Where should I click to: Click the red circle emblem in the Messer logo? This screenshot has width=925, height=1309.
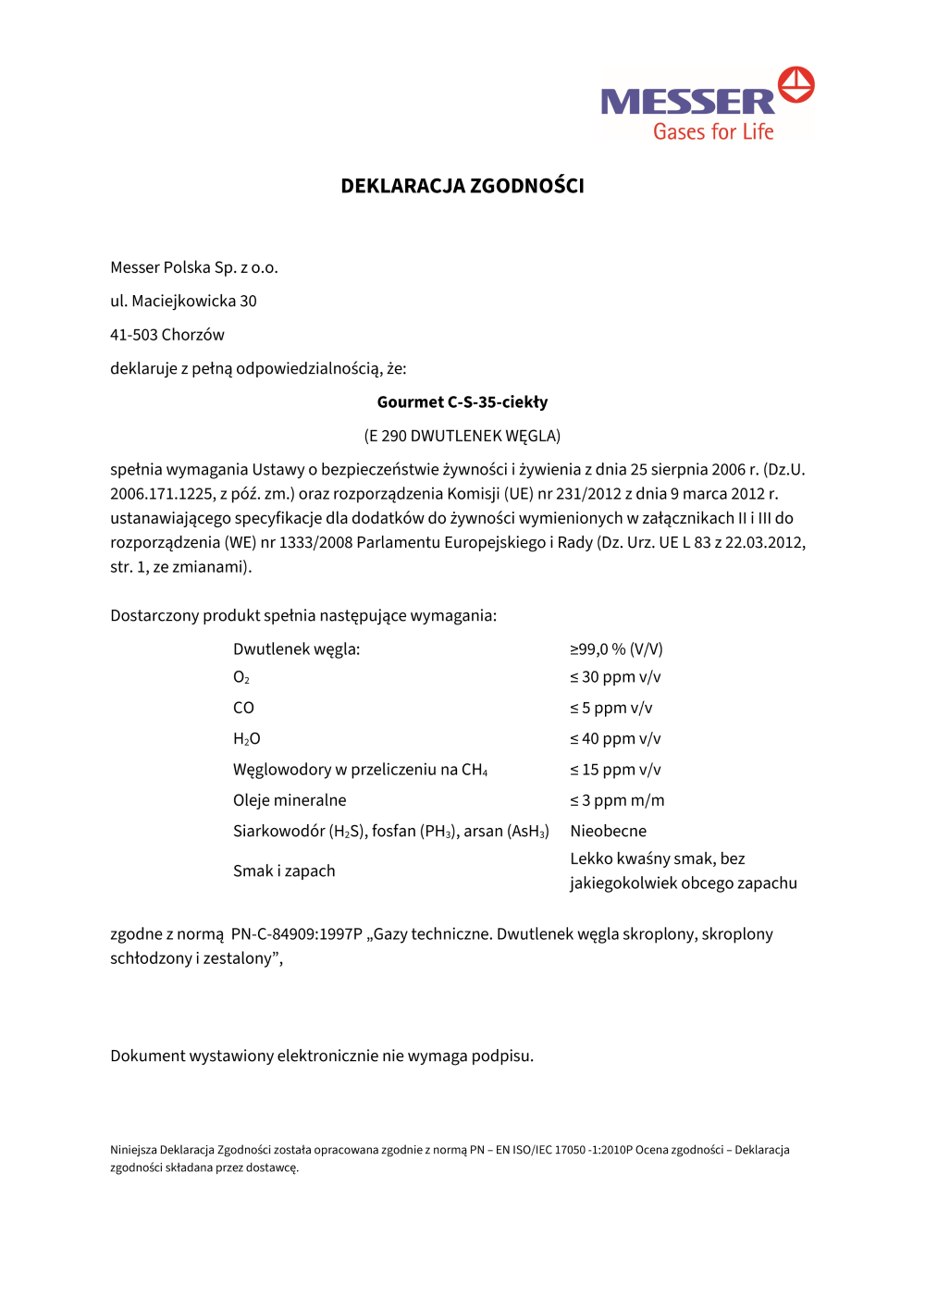pyautogui.click(x=795, y=84)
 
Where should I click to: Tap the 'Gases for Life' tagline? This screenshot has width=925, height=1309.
pyautogui.click(x=713, y=131)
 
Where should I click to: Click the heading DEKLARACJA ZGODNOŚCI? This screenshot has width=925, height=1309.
pyautogui.click(x=462, y=186)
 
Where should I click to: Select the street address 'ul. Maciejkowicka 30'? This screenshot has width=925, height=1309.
pyautogui.click(x=183, y=301)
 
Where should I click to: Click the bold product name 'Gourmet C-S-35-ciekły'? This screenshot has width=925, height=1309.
pyautogui.click(x=462, y=402)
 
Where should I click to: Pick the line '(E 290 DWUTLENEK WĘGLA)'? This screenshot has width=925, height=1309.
pyautogui.click(x=462, y=436)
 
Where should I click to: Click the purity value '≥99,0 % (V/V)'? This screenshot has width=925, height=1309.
pyautogui.click(x=616, y=649)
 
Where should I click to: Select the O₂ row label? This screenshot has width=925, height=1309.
pyautogui.click(x=241, y=678)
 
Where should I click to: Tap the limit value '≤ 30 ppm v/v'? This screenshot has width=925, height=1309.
pyautogui.click(x=615, y=677)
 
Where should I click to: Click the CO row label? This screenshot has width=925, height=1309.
pyautogui.click(x=243, y=708)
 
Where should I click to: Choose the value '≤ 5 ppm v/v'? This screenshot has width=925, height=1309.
pyautogui.click(x=611, y=708)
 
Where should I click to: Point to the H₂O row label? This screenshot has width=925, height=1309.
pyautogui.click(x=247, y=739)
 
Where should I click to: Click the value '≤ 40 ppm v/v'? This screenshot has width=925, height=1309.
pyautogui.click(x=615, y=739)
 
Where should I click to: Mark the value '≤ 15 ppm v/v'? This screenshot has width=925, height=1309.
pyautogui.click(x=615, y=770)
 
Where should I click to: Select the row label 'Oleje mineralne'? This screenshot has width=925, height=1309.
pyautogui.click(x=290, y=800)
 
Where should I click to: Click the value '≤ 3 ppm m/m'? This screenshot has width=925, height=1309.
pyautogui.click(x=617, y=800)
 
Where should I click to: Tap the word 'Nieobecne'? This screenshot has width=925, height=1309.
pyautogui.click(x=608, y=831)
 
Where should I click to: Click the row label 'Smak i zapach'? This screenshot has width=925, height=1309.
pyautogui.click(x=284, y=871)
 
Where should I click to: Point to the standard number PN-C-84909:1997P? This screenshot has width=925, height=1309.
pyautogui.click(x=296, y=934)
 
